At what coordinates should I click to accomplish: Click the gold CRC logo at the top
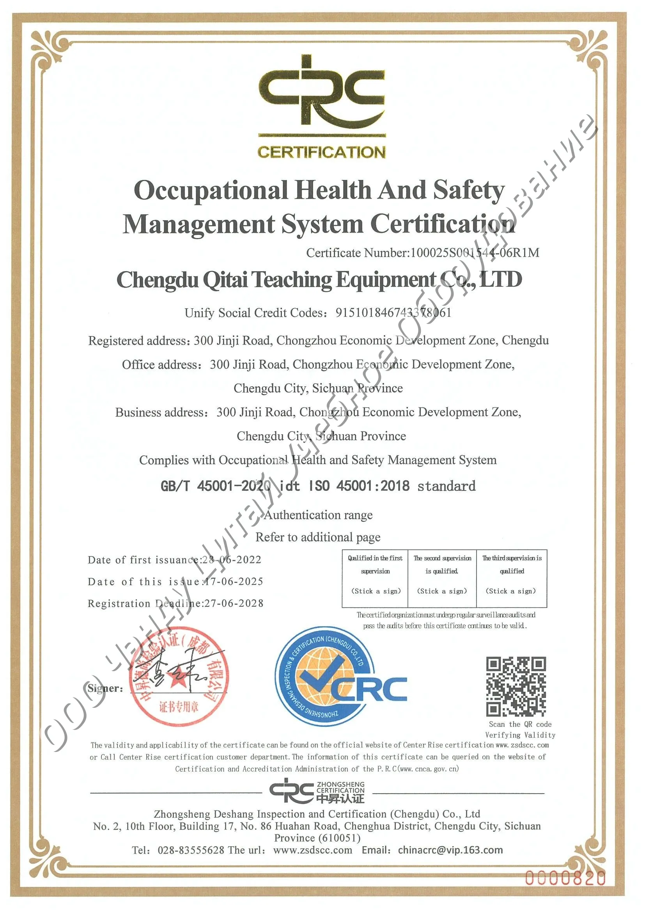[x=322, y=96]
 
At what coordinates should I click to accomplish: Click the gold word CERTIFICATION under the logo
[x=321, y=152]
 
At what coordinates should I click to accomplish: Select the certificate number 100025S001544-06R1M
[x=475, y=253]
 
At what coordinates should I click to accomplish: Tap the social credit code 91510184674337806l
[x=393, y=313]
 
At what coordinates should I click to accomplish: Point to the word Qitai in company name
[x=225, y=279]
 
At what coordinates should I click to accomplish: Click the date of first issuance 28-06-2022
[x=232, y=560]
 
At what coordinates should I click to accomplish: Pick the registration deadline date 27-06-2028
[x=234, y=603]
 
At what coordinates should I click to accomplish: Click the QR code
[x=516, y=686]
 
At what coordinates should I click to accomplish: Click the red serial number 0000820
[x=565, y=877]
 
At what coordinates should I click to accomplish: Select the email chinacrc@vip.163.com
[x=450, y=850]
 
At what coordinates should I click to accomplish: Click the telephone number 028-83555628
[x=191, y=850]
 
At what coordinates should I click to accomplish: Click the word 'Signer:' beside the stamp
[x=105, y=688]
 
